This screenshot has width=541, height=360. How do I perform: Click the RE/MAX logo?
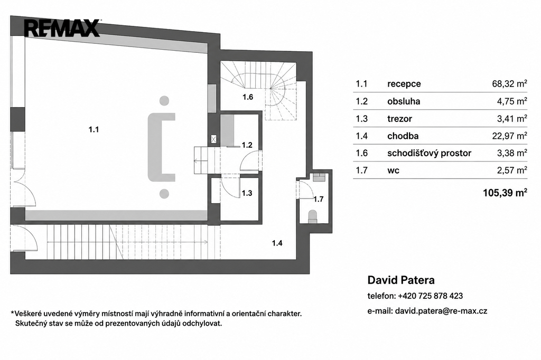pyautogui.click(x=62, y=28)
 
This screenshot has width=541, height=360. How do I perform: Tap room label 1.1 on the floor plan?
pyautogui.click(x=94, y=130)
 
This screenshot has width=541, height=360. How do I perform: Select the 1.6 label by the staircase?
pyautogui.click(x=248, y=97)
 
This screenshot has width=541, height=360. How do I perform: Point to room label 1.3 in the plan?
pyautogui.click(x=247, y=193)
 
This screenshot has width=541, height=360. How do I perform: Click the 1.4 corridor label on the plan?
pyautogui.click(x=277, y=243)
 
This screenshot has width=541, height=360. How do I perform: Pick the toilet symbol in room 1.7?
pyautogui.click(x=313, y=215)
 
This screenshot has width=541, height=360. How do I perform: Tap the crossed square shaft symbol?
pyautogui.click(x=214, y=139)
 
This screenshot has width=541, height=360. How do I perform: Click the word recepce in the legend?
pyautogui.click(x=404, y=84)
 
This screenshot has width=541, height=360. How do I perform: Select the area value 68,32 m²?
pyautogui.click(x=510, y=84)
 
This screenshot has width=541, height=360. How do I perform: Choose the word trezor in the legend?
pyautogui.click(x=399, y=119)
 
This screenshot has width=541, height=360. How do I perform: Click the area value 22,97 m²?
pyautogui.click(x=510, y=136)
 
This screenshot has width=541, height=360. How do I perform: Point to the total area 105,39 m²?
pyautogui.click(x=505, y=193)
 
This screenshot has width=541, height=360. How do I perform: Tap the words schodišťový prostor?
pyautogui.click(x=429, y=153)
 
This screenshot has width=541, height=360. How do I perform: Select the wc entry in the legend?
pyautogui.click(x=393, y=170)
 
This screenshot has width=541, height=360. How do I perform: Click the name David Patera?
pyautogui.click(x=401, y=280)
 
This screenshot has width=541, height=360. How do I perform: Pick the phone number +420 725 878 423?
pyautogui.click(x=430, y=296)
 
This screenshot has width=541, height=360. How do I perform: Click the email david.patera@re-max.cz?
pyautogui.click(x=441, y=311)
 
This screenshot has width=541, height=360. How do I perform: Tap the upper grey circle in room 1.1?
pyautogui.click(x=164, y=101)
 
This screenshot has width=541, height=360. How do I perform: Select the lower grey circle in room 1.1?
pyautogui.click(x=164, y=193)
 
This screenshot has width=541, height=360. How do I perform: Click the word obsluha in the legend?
pyautogui.click(x=404, y=101)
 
